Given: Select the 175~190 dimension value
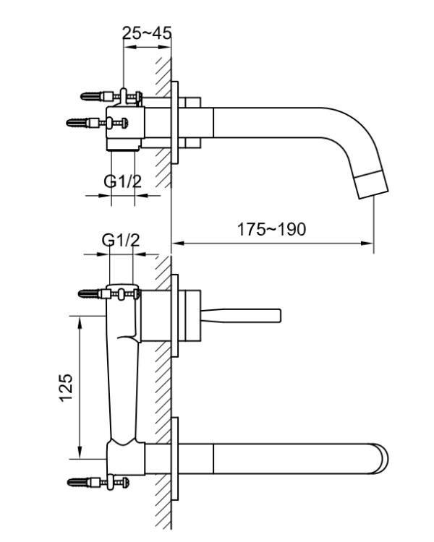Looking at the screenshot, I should tap(272, 229).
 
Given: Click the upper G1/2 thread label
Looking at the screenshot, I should tap(121, 182).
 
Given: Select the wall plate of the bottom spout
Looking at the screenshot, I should tap(176, 460).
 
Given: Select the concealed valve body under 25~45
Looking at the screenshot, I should tap(127, 126).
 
